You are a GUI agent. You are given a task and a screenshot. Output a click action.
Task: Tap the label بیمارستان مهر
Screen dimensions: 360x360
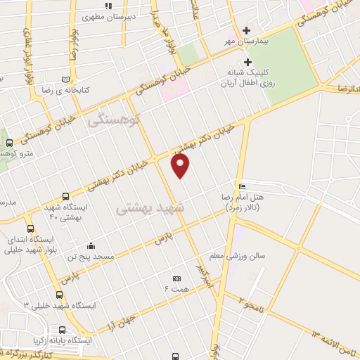228,41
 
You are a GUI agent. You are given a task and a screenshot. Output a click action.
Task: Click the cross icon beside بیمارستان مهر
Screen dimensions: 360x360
246,30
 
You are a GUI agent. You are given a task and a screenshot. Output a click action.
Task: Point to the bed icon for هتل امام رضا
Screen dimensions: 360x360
243,186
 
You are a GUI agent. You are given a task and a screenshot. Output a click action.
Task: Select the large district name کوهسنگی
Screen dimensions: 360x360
115,121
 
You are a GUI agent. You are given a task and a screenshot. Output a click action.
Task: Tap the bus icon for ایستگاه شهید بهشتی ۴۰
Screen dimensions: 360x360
65,196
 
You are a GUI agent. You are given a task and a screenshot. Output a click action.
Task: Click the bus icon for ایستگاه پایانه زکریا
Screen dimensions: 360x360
63,330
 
